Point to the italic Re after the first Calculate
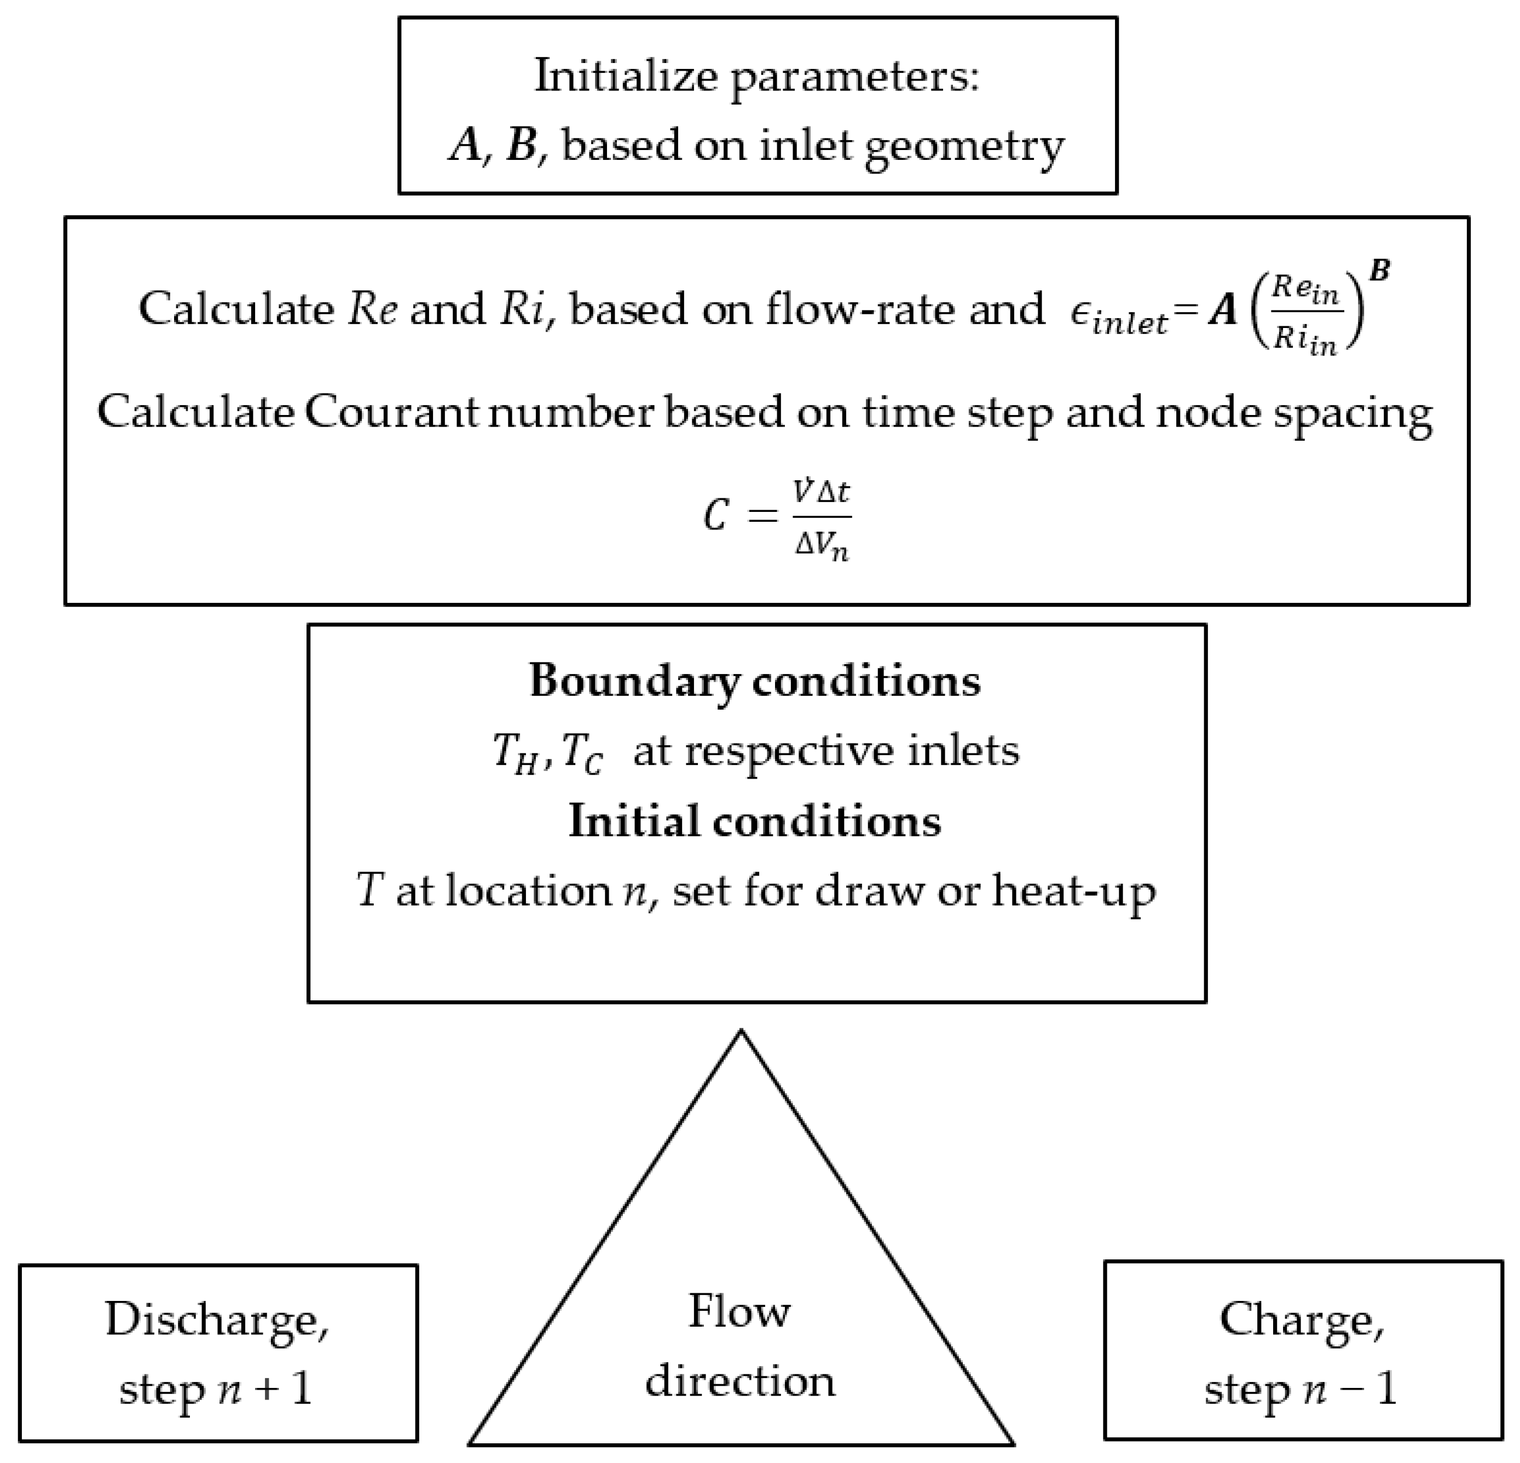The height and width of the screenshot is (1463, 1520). click(372, 309)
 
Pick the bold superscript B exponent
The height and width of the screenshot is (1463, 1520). click(1380, 272)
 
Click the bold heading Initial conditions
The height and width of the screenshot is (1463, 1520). click(755, 821)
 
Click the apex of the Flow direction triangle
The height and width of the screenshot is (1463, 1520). click(741, 1032)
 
